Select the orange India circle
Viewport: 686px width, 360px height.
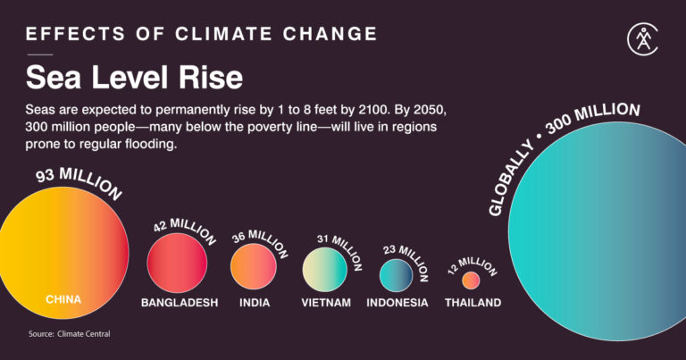[x=254, y=265]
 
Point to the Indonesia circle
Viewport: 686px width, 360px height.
[x=397, y=274]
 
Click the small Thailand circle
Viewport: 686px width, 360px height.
[x=471, y=280]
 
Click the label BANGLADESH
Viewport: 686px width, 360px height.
[x=180, y=303]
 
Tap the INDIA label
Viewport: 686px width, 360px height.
[x=255, y=303]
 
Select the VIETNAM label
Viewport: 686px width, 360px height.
[x=326, y=303]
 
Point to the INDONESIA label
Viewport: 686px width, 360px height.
[x=397, y=303]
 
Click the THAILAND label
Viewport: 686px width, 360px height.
[x=473, y=303]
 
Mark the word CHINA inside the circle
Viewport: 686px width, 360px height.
[x=63, y=300]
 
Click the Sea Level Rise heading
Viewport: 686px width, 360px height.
[x=134, y=77]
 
